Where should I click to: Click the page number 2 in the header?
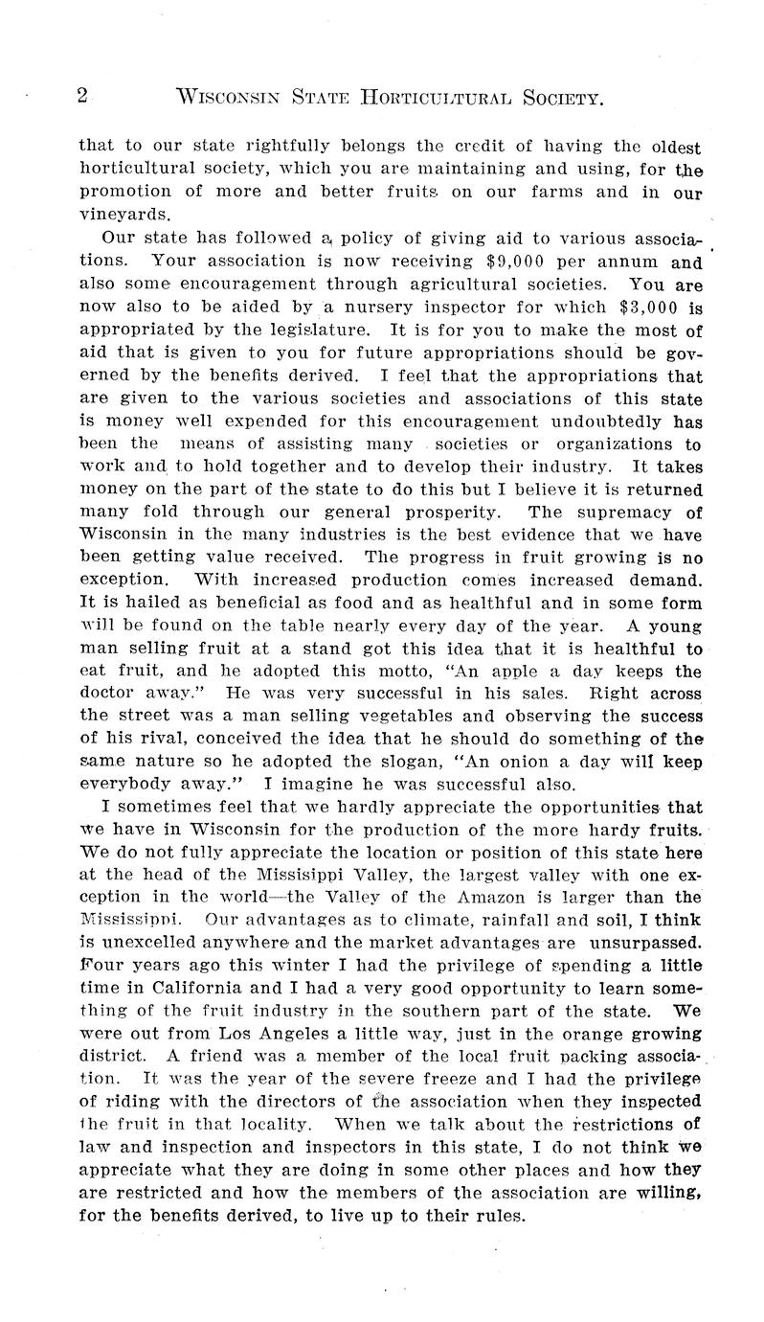pyautogui.click(x=82, y=96)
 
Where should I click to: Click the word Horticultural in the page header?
pyautogui.click(x=438, y=97)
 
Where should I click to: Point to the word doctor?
pyautogui.click(x=104, y=695)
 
